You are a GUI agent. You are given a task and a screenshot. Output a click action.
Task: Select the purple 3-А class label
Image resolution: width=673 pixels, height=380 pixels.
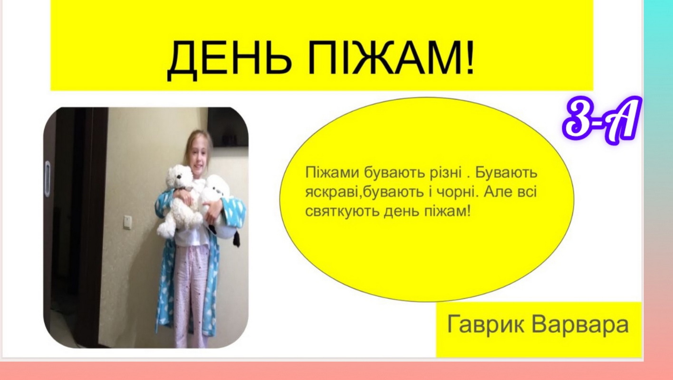tap(601, 121)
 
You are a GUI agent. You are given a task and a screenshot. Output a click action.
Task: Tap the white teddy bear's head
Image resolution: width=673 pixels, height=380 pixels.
tap(179, 177)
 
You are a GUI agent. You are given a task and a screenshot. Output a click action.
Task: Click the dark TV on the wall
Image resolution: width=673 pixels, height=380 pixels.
tap(228, 128)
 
